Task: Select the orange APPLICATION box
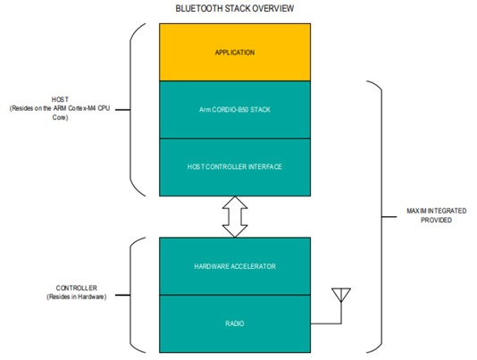pos(235,53)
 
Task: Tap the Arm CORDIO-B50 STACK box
pos(235,110)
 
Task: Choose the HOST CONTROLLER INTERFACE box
pos(235,167)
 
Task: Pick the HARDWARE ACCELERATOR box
pos(235,266)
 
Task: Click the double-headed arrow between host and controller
pos(235,217)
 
